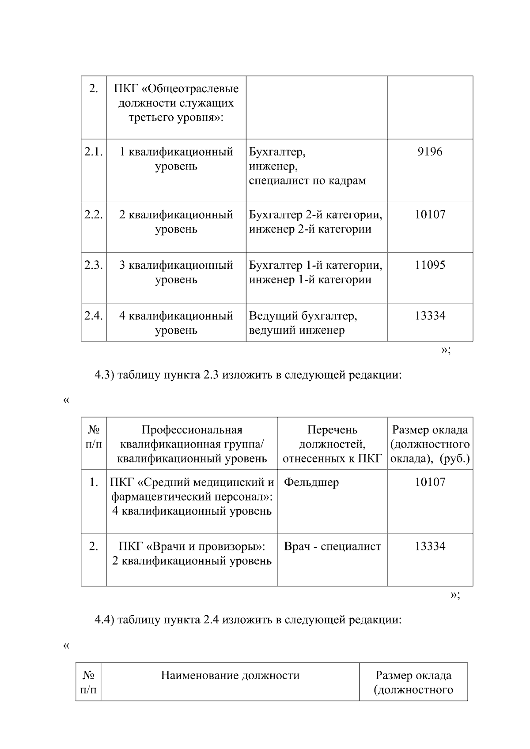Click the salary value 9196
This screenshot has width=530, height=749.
(430, 152)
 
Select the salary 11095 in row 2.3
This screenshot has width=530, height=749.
(430, 265)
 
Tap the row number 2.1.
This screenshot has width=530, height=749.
(93, 152)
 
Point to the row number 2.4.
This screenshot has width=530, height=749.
(93, 316)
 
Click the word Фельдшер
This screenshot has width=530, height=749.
(311, 482)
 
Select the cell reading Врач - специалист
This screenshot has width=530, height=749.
(332, 546)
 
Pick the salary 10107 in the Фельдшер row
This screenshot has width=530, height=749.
(430, 482)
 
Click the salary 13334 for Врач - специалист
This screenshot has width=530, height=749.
(430, 546)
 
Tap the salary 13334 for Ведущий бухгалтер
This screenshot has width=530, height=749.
(430, 316)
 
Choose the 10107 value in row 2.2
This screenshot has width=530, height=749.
(430, 215)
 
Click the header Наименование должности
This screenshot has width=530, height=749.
(230, 675)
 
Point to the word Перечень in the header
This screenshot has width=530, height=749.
(332, 430)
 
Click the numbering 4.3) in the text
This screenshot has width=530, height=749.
(105, 376)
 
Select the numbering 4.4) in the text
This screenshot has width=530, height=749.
(105, 620)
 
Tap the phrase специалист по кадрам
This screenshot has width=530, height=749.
(307, 181)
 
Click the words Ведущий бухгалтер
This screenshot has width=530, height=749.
(303, 316)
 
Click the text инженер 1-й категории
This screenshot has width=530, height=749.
(310, 280)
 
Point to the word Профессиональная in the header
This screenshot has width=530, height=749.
(192, 430)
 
